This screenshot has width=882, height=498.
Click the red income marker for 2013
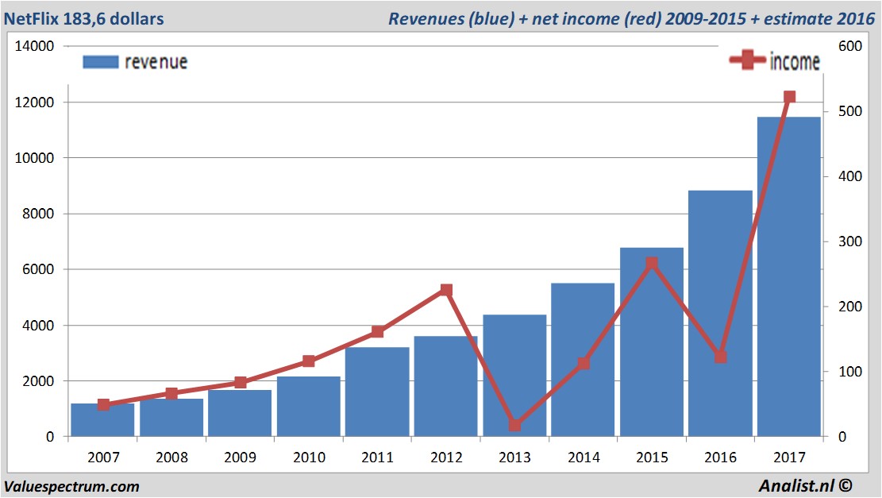[514, 425]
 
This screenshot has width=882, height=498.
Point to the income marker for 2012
[446, 291]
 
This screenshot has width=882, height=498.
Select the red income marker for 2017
[789, 97]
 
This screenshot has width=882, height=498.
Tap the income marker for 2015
[652, 263]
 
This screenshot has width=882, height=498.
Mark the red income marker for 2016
[720, 357]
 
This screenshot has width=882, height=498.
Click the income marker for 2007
[103, 404]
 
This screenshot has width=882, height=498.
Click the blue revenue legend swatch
[100, 62]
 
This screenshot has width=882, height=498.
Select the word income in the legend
[795, 62]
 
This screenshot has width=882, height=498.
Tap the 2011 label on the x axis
[377, 457]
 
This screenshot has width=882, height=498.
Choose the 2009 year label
[241, 457]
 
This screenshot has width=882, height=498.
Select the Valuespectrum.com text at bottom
[72, 486]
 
